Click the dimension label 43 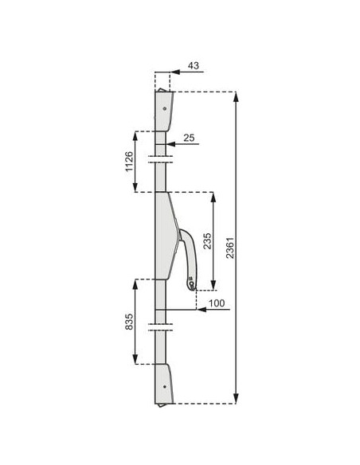pos(194,65)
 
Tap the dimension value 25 pos(189,138)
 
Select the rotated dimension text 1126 pos(129,162)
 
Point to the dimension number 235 pos(208,240)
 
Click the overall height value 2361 pos(230,248)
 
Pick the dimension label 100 pos(217,303)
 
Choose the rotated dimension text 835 pos(129,322)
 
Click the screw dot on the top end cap pos(165,108)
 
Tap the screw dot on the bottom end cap pos(165,387)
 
